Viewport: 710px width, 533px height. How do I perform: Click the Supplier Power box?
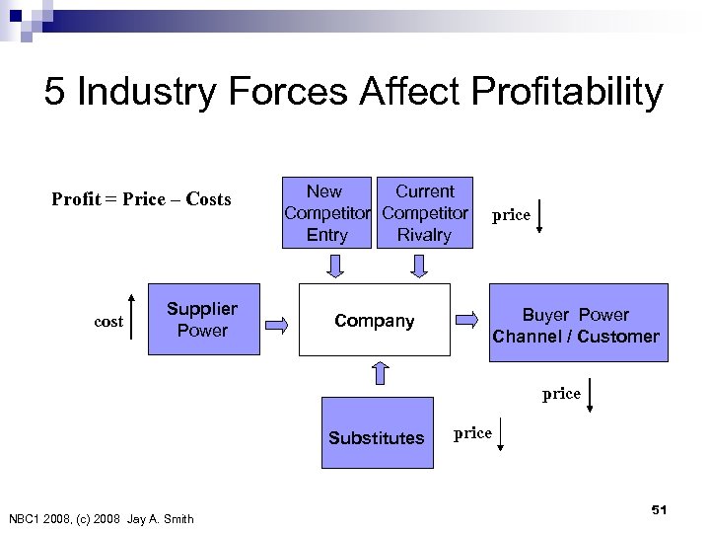(x=201, y=320)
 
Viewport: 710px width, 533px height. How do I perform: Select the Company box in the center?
(x=374, y=320)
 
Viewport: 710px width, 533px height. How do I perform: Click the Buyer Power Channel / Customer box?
(x=576, y=326)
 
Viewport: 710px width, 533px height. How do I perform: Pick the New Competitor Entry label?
(x=326, y=212)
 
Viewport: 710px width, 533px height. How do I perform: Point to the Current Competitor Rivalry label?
(x=424, y=212)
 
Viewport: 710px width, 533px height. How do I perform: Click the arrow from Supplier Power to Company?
(x=280, y=321)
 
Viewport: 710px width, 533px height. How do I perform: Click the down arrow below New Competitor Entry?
(x=336, y=265)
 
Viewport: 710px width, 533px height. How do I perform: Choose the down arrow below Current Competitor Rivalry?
(x=419, y=265)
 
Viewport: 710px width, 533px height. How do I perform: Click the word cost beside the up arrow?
(x=108, y=321)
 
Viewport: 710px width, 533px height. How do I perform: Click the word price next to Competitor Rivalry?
(x=512, y=214)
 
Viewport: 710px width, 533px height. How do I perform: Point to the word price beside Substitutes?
(x=472, y=433)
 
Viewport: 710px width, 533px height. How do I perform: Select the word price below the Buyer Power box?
(x=561, y=393)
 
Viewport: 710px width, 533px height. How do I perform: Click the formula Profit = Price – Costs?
(x=141, y=199)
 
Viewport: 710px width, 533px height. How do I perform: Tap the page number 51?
(x=660, y=508)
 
